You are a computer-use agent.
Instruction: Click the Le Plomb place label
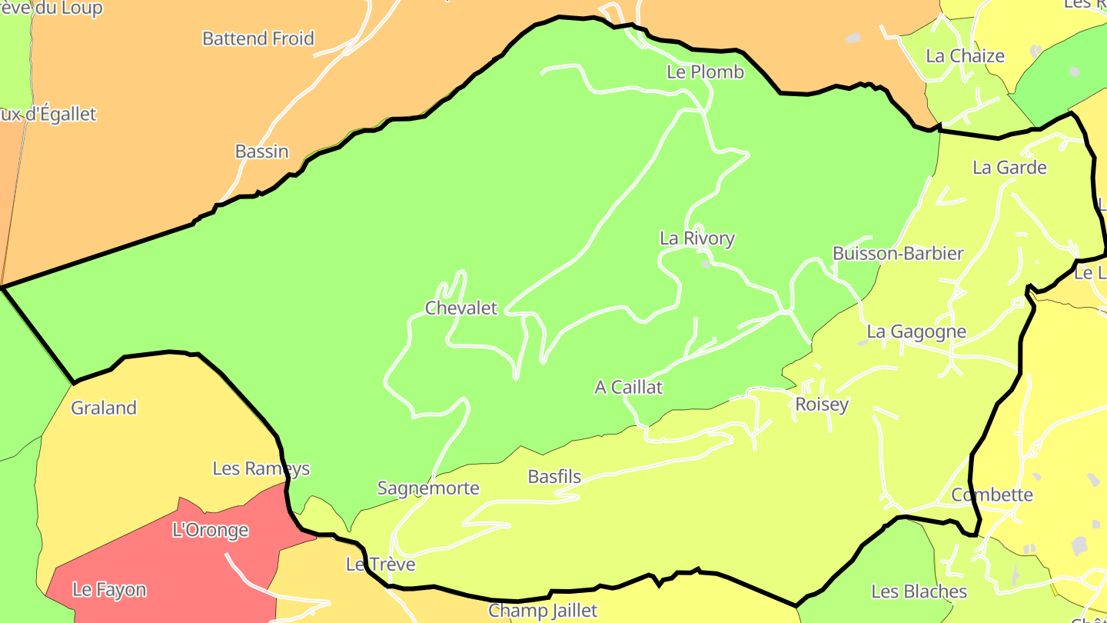tap(705, 72)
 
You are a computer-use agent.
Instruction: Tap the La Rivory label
tap(696, 238)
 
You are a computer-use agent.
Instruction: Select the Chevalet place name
tap(461, 308)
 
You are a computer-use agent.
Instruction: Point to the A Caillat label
tap(628, 388)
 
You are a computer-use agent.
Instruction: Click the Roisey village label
tap(822, 405)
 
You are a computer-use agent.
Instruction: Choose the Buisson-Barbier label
tap(898, 254)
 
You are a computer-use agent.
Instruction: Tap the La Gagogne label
tap(916, 332)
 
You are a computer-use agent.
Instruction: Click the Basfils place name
tap(554, 477)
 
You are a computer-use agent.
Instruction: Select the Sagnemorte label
tap(428, 488)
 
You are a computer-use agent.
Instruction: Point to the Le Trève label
tap(381, 565)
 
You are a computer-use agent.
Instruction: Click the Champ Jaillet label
tap(543, 611)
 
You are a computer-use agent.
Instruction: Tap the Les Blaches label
tap(919, 591)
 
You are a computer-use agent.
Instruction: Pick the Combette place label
tap(992, 495)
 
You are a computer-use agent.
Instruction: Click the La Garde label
tap(1009, 168)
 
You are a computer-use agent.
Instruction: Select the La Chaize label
tap(965, 56)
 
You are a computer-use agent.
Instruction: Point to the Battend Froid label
tap(258, 38)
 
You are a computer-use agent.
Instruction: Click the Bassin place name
tap(261, 152)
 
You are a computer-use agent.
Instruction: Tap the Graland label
tap(104, 408)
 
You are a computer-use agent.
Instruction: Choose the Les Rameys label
tap(261, 468)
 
